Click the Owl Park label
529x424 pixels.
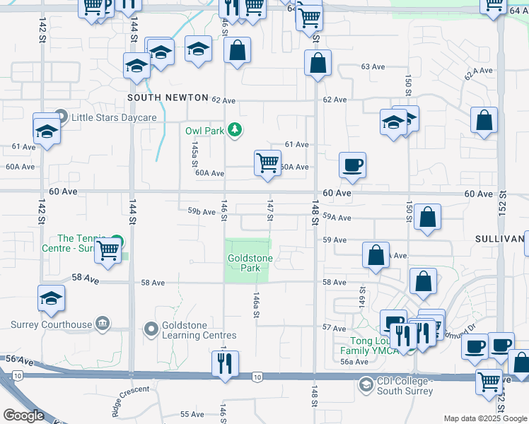pyautogui.click(x=204, y=131)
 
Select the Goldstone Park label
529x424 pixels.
pyautogui.click(x=250, y=264)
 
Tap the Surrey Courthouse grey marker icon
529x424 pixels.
pyautogui.click(x=103, y=324)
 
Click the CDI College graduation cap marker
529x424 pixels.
pyautogui.click(x=366, y=385)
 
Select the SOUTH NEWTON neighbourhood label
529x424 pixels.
pyautogui.click(x=168, y=98)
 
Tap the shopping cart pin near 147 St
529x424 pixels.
pyautogui.click(x=268, y=163)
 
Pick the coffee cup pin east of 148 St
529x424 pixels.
pyautogui.click(x=352, y=166)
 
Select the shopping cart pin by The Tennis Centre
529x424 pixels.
pyautogui.click(x=107, y=251)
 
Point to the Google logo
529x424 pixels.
pyautogui.click(x=23, y=415)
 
